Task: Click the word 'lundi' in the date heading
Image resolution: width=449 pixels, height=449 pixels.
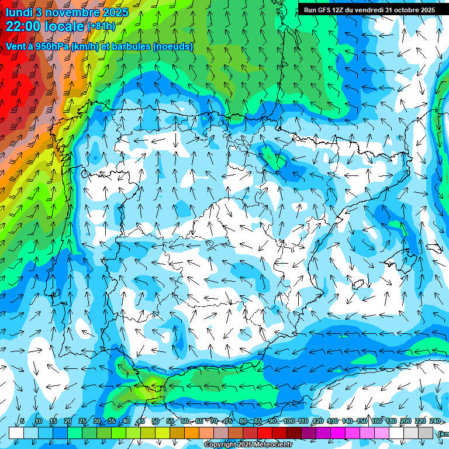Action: coord(19,12)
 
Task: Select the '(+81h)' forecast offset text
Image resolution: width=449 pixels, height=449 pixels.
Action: coord(101,26)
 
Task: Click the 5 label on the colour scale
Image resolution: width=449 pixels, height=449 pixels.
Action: coord(22,421)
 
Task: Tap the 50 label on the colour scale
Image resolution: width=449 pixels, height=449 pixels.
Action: coord(155,421)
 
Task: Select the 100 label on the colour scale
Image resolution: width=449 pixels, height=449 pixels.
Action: coord(289,421)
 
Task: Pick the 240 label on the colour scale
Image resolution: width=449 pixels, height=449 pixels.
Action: coord(435,421)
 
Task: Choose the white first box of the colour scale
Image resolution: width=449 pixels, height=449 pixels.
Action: coord(16,433)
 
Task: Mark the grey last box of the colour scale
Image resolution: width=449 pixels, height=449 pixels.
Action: coord(426,433)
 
